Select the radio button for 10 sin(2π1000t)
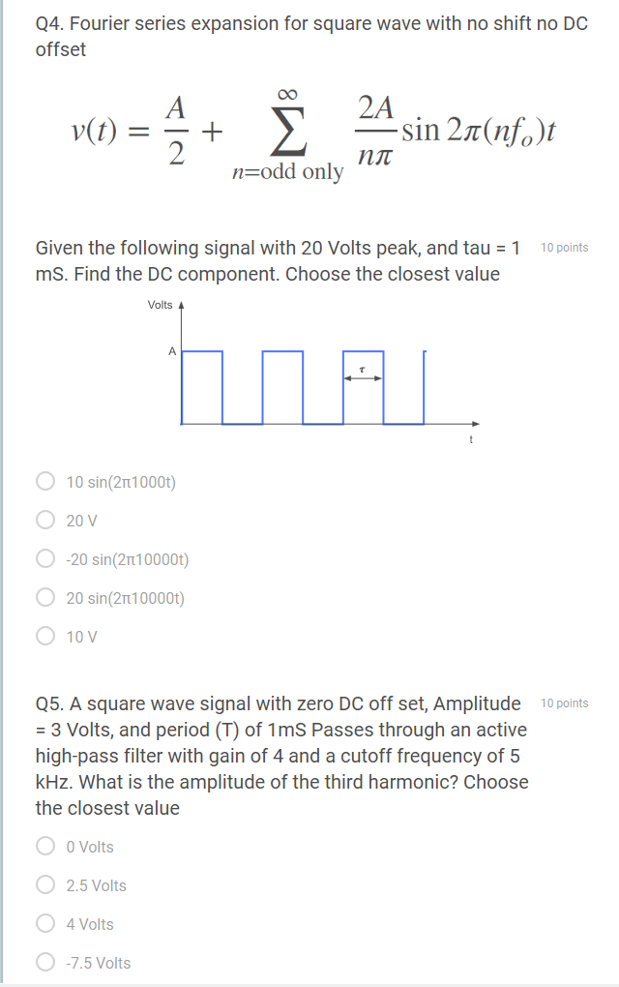pyautogui.click(x=44, y=481)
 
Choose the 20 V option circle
pyautogui.click(x=44, y=520)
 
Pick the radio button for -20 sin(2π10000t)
pyautogui.click(x=44, y=558)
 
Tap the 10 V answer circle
pyautogui.click(x=44, y=636)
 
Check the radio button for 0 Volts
pyautogui.click(x=44, y=847)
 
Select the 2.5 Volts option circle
pyautogui.click(x=44, y=885)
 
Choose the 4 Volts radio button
pyautogui.click(x=44, y=924)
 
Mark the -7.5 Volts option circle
pyautogui.click(x=44, y=963)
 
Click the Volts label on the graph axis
pyautogui.click(x=160, y=305)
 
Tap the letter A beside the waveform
pyautogui.click(x=172, y=351)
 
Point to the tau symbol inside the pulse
pyautogui.click(x=362, y=369)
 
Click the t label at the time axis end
pyautogui.click(x=471, y=440)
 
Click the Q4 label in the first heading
pyautogui.click(x=49, y=23)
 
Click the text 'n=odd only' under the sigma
pyautogui.click(x=287, y=172)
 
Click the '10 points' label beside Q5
pyautogui.click(x=565, y=703)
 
